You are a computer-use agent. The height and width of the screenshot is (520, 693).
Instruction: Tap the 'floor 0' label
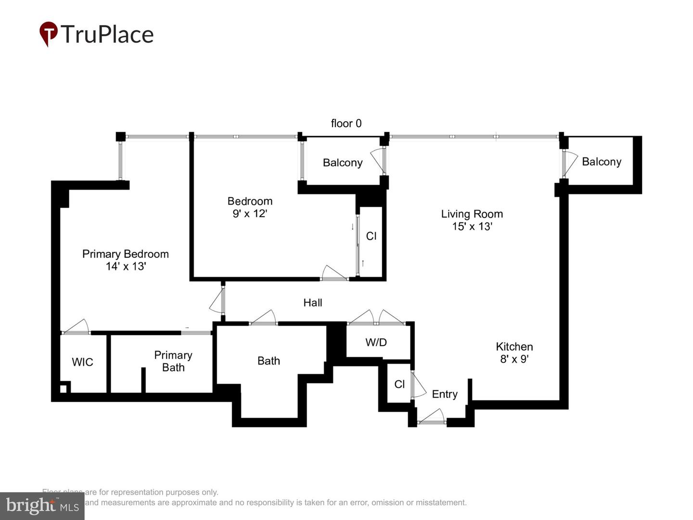tap(346, 123)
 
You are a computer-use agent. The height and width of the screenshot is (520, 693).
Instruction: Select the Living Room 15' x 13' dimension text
tap(472, 226)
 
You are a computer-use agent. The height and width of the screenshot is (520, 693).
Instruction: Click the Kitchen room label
tap(514, 347)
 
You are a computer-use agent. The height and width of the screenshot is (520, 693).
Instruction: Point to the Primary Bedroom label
tap(125, 254)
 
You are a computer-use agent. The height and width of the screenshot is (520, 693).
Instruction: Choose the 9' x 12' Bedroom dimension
tap(250, 213)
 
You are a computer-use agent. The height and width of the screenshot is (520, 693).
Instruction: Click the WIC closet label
tap(82, 362)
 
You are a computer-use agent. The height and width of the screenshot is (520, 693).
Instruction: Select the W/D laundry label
tap(376, 342)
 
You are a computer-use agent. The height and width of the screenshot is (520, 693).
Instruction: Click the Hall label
tap(313, 302)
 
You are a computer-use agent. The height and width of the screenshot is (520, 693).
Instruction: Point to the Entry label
tap(444, 394)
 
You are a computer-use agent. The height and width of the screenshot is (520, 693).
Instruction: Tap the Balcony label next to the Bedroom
tap(342, 163)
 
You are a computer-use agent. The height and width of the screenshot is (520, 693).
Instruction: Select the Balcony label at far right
tap(601, 162)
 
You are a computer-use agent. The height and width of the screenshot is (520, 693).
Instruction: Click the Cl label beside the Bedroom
tap(371, 236)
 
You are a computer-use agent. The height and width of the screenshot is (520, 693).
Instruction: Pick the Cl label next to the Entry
tap(399, 384)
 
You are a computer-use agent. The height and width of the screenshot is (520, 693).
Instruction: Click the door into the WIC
tap(77, 327)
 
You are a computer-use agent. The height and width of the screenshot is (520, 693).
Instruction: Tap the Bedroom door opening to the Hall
tap(334, 273)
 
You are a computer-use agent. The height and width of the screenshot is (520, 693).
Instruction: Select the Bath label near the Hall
tap(269, 361)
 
